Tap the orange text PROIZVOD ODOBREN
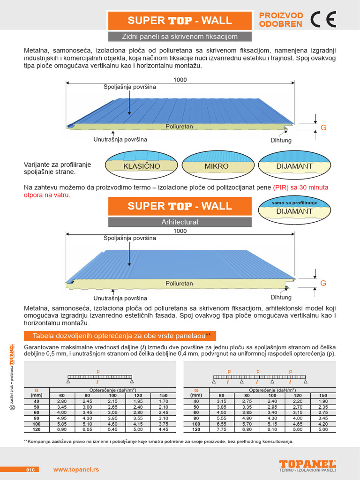tap(281, 20)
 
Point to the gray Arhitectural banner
tap(180, 222)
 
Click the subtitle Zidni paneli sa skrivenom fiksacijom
tap(180, 36)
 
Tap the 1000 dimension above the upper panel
tap(180, 80)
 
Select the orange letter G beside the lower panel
tap(322, 283)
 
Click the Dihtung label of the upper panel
tap(281, 140)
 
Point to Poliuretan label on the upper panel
tap(179, 127)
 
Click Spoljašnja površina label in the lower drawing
tap(129, 238)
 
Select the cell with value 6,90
tap(62, 429)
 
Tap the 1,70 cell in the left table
tap(163, 401)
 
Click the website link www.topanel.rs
tap(76, 469)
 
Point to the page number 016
tap(31, 469)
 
